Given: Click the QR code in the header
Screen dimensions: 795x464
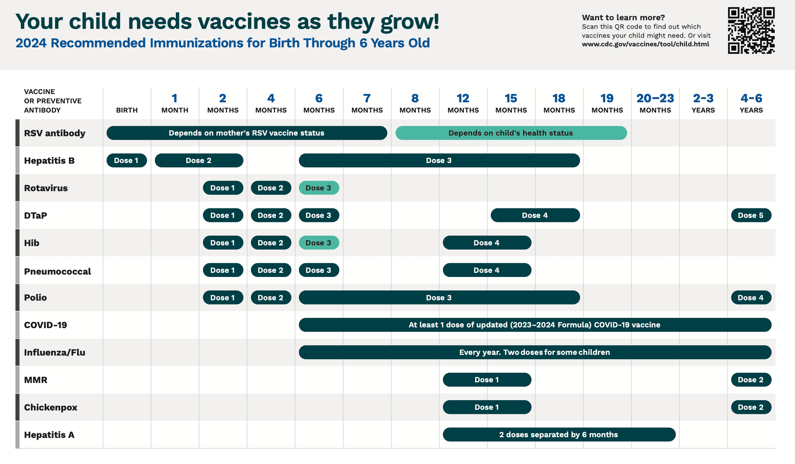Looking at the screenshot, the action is pos(751,30).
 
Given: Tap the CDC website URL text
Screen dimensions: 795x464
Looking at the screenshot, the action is pos(645,44).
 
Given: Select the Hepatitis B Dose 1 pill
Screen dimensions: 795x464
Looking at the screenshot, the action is pos(127,160).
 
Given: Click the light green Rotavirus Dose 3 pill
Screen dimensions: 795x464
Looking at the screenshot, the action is pos(319,188).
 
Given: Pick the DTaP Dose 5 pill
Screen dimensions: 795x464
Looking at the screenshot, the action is pos(751,215).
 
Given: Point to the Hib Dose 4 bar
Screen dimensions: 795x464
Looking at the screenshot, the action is pos(487,243).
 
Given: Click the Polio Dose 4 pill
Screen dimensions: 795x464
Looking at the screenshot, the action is pos(751,298).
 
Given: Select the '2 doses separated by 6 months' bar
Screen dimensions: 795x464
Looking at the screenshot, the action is pos(559,434).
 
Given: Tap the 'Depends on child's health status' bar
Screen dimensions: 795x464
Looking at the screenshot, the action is pos(511,133).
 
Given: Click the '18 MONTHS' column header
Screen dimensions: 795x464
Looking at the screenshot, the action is pos(559,103).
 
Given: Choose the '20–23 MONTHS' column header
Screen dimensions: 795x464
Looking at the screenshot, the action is pos(655,103).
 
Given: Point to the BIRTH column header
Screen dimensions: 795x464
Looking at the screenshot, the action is pos(127,110).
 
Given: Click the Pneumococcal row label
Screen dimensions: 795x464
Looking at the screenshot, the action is pos(57,271).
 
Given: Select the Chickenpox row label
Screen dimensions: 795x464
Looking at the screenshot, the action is pos(50,407).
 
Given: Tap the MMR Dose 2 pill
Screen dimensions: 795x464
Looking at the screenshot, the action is pos(751,380).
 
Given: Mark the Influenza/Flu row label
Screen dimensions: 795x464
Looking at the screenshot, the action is pos(55,352).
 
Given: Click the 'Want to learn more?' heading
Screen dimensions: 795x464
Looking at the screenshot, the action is pos(623,18).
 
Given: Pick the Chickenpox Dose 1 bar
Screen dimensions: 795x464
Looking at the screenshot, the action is pos(487,407).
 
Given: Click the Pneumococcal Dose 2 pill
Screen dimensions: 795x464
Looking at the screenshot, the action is pos(271,270).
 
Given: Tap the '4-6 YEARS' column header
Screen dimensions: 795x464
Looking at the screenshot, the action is pos(751,103).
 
